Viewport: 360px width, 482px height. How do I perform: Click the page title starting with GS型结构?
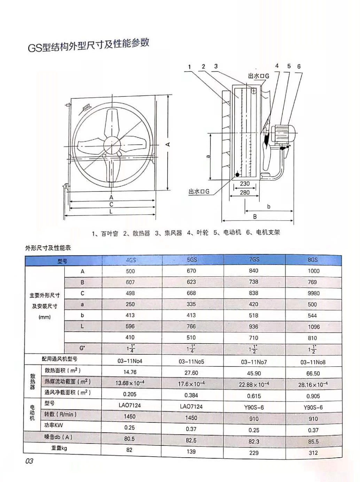pos(88,45)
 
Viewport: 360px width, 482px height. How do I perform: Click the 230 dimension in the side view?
pos(244,184)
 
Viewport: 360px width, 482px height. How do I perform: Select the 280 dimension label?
pos(244,192)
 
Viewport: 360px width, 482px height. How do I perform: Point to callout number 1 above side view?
pos(190,67)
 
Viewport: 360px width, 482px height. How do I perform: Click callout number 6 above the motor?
pos(299,66)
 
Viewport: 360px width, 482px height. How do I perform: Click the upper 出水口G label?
pos(258,76)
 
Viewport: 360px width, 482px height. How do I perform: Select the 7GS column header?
pos(254,260)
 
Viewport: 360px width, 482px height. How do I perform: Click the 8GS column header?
pos(313,260)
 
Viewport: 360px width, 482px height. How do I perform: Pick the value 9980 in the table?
pos(313,293)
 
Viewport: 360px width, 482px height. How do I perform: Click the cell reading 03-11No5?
pos(191,362)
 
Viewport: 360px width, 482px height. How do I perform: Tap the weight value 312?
pos(313,453)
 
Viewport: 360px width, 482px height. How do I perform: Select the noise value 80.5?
pos(130,439)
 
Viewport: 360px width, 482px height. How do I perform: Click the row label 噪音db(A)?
pos(58,437)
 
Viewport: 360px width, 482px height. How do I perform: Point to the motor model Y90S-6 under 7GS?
pos(254,407)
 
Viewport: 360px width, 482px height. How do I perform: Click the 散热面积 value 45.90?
pos(254,373)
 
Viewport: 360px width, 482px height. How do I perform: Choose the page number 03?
pos(29,461)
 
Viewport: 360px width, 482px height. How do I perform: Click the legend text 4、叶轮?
pos(197,233)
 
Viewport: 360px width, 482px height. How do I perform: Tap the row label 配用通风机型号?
pos(60,359)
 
